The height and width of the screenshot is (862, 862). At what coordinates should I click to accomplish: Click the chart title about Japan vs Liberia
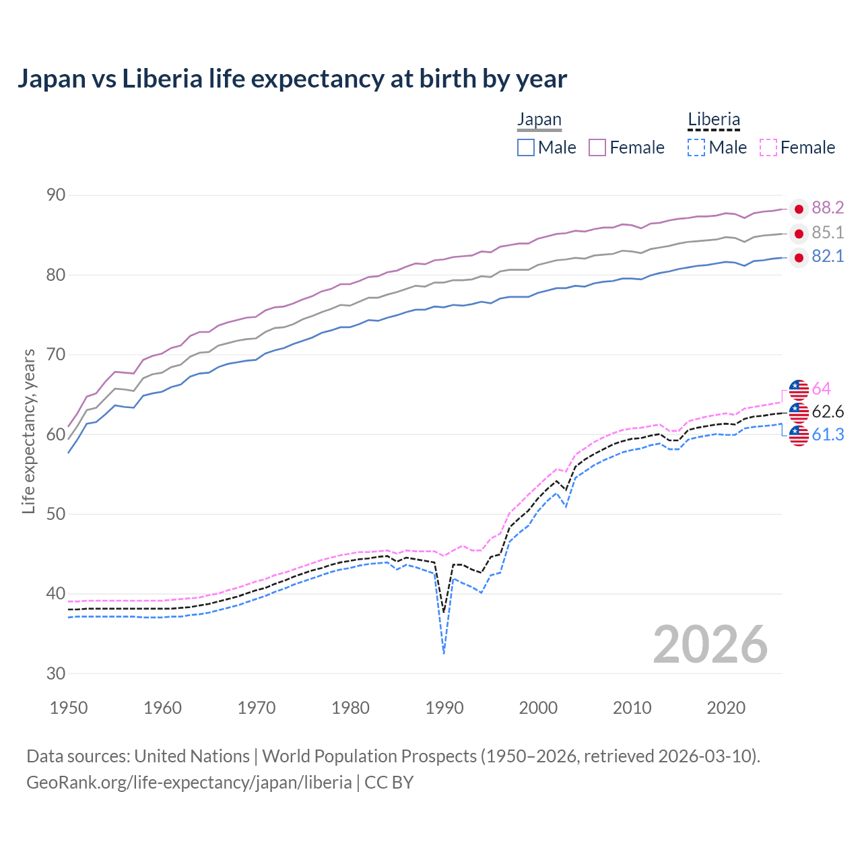click(292, 79)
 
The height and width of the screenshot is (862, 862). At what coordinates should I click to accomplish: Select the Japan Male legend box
click(526, 147)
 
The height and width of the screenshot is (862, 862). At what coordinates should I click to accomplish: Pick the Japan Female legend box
click(597, 147)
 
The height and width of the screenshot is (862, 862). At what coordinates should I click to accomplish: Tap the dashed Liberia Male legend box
click(696, 147)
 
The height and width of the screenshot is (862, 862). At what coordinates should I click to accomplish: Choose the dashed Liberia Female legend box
click(768, 147)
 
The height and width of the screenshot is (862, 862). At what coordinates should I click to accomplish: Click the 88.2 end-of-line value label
click(828, 208)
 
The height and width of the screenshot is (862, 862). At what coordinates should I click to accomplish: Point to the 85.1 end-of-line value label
click(828, 233)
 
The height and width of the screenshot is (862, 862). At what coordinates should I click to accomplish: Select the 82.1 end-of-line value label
click(828, 257)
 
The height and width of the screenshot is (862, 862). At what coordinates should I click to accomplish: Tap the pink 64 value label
click(821, 389)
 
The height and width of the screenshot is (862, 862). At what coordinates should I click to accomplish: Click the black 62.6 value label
click(828, 411)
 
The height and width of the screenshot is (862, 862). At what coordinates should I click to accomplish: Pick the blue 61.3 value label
click(828, 435)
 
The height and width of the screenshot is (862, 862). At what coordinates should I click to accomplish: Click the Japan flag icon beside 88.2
click(799, 209)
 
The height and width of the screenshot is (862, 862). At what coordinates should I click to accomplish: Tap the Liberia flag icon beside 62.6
click(799, 412)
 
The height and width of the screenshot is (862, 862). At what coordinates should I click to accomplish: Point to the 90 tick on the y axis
click(56, 195)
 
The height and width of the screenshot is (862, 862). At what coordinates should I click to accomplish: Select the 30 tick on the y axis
click(56, 673)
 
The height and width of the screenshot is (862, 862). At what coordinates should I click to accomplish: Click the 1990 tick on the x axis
click(444, 708)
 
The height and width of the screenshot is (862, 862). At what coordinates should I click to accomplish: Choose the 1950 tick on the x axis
click(69, 708)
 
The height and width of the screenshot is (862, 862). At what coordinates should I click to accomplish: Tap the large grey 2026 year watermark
click(710, 644)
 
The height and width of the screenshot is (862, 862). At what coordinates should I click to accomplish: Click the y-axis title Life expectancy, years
click(29, 431)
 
